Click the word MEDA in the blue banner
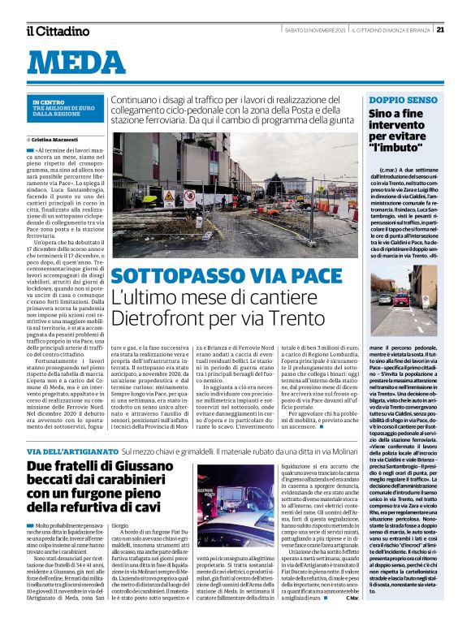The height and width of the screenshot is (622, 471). coord(82,64)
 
